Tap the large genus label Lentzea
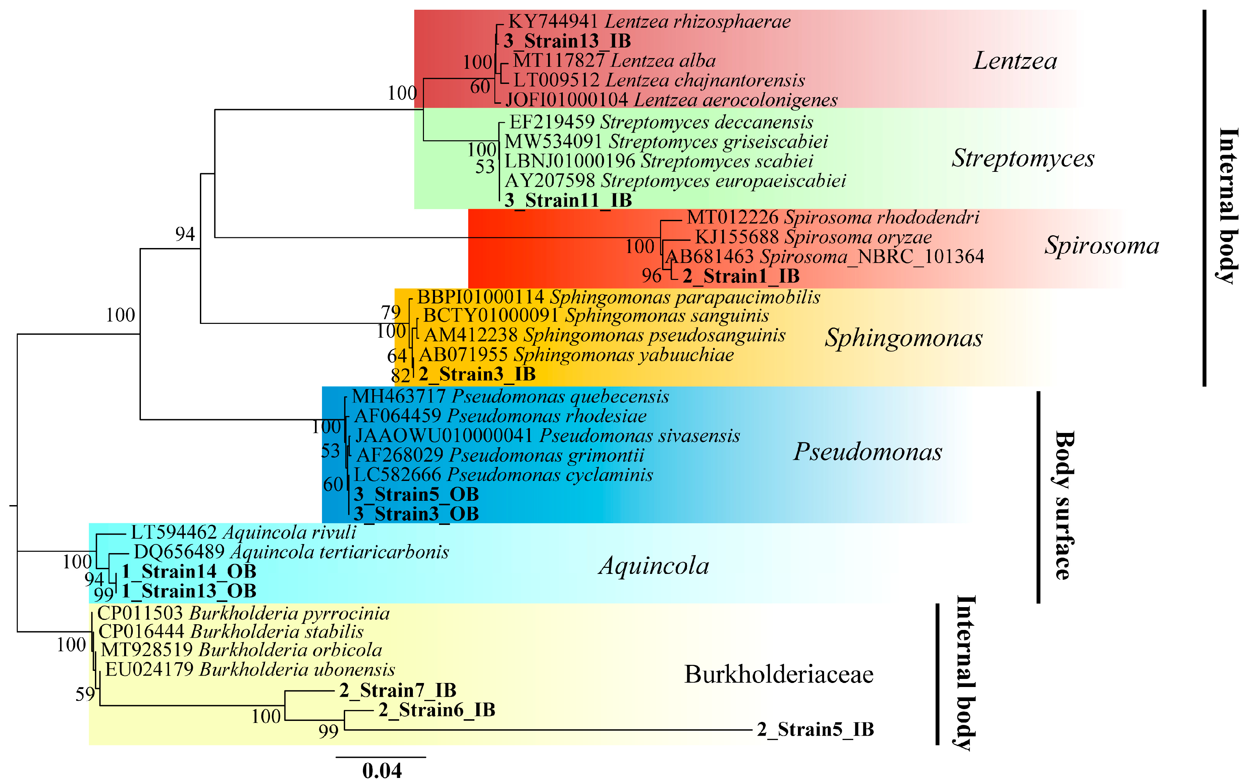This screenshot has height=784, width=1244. click(1015, 61)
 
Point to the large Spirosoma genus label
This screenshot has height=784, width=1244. click(1101, 245)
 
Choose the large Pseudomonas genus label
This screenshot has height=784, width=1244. click(867, 452)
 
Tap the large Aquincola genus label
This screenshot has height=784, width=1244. click(654, 566)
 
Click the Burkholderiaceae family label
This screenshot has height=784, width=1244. click(778, 675)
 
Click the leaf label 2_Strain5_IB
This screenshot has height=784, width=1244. click(815, 730)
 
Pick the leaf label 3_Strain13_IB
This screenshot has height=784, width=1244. click(567, 41)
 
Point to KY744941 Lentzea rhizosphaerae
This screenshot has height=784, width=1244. click(649, 22)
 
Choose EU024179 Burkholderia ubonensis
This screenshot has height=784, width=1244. click(250, 670)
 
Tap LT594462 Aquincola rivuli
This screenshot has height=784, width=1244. click(243, 532)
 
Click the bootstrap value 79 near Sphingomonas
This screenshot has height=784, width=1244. click(390, 312)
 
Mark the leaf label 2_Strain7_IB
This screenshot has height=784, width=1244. click(398, 690)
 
